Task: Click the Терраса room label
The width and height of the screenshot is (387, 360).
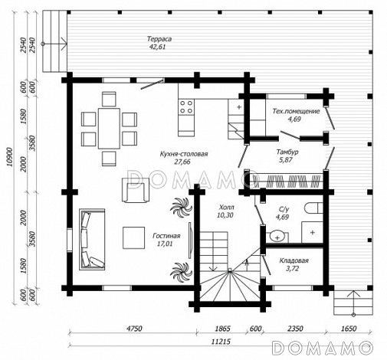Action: coord(159,39)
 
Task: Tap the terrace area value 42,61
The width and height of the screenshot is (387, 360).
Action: coord(157,47)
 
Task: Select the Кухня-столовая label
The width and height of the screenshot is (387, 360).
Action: coord(184,154)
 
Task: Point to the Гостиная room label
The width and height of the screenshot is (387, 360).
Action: coord(166,236)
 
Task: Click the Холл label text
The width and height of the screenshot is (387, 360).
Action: coord(226,207)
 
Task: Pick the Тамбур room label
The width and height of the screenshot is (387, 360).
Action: coord(287,152)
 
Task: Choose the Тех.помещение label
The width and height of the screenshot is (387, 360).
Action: coord(296,111)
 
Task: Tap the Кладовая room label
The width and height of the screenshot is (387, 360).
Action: coord(294,260)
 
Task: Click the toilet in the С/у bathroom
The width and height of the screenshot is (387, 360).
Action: coord(314,208)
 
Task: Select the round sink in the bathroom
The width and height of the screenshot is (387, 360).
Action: coord(277,237)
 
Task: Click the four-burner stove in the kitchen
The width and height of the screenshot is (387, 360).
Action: coord(186,107)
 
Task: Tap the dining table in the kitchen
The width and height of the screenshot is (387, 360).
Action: coord(109,129)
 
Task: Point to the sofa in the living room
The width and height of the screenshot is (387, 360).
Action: coord(92,239)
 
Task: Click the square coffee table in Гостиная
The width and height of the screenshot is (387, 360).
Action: coord(133,237)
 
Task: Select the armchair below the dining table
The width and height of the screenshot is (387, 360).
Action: coord(136,190)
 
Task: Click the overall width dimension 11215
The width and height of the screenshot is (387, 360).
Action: coord(221,342)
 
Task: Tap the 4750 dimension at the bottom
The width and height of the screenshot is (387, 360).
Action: coord(134,329)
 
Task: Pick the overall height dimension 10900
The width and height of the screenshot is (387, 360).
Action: coord(9,157)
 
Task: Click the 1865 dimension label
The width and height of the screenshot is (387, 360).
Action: coord(222,329)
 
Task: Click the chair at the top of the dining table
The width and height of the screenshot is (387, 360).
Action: coord(109,99)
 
